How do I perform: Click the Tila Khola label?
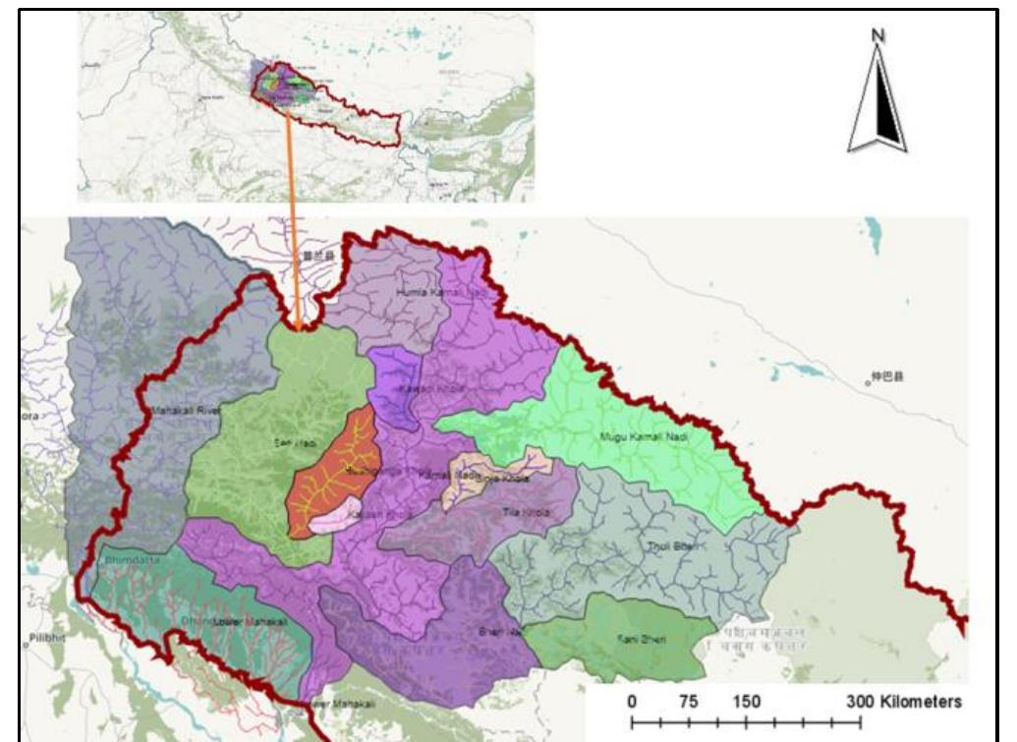point(524,513)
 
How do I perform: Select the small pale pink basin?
point(334,514)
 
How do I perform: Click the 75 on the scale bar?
point(688,702)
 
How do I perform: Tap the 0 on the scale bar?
point(632,702)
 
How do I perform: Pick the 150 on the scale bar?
point(746,702)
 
